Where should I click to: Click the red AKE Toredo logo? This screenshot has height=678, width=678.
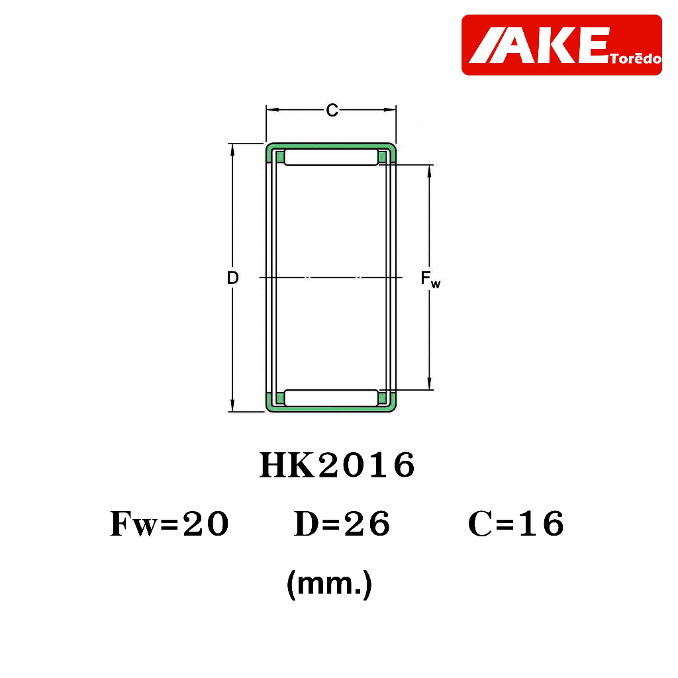tap(561, 45)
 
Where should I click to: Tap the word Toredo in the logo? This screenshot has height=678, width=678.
tap(636, 58)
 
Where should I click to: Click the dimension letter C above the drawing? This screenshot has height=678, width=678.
tap(332, 111)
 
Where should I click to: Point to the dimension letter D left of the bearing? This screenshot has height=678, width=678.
tap(232, 277)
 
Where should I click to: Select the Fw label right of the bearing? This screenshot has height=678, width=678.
tap(430, 279)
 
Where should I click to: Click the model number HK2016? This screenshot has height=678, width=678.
tap(337, 465)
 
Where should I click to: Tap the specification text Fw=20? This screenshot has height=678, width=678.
tap(169, 524)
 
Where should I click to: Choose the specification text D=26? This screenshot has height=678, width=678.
tap(342, 524)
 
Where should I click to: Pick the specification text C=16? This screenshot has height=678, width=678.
tap(516, 524)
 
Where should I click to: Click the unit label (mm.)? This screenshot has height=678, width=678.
tap(330, 584)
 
